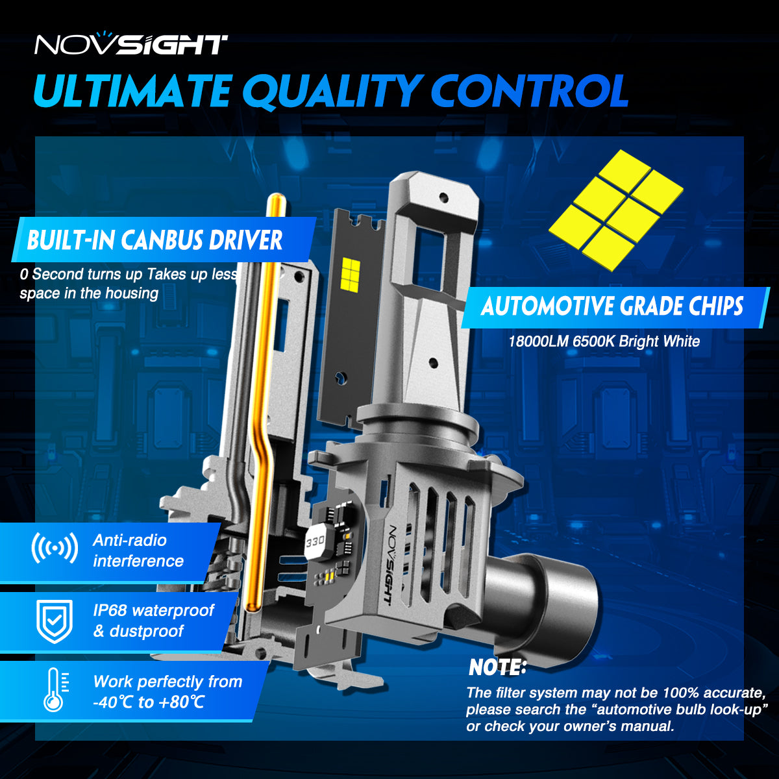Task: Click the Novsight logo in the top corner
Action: pos(130,45)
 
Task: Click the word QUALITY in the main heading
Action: pos(332,91)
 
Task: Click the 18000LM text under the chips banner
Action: pos(538,341)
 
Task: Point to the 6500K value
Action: pos(593,341)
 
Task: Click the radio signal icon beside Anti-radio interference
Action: pos(55,549)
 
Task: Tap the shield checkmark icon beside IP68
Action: pos(55,621)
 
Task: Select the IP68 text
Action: pos(110,611)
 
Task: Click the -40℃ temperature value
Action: pos(113,702)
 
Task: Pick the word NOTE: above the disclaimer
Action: pos(497,667)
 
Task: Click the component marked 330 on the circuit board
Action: pos(315,540)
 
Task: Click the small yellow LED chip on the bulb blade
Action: pos(350,272)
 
